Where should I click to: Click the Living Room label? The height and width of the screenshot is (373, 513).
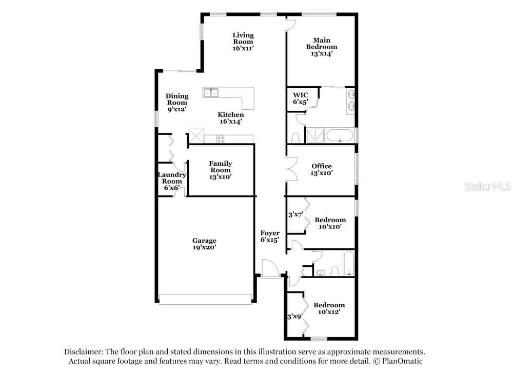coord(243,42)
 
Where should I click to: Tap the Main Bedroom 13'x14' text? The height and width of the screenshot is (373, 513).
coord(322,47)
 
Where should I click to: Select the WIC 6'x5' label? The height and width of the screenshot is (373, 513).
coord(300,99)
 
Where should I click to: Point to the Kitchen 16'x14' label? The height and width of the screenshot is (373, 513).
coord(231,118)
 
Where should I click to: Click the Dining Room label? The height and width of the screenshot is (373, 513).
coord(177,103)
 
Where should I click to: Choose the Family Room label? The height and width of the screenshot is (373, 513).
coord(221,170)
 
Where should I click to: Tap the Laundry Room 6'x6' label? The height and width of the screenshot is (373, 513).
coord(172,181)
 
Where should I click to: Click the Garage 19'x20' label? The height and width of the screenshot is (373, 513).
coord(204,244)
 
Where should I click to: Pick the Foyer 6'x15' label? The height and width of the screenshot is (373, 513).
coord(270,237)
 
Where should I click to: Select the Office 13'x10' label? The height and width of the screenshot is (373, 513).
coord(322,169)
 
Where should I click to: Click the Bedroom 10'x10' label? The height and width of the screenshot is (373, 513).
coord(330,223)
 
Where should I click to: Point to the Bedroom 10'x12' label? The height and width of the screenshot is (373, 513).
coord(329,308)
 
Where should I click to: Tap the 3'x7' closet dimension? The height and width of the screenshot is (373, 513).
coord(296,214)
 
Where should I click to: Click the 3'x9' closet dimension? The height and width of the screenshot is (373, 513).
coord(295,317)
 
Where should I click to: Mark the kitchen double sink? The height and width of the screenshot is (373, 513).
coord(211,92)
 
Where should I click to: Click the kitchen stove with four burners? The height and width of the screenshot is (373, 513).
coord(221,139)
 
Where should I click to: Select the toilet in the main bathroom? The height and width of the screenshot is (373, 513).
coord(295,138)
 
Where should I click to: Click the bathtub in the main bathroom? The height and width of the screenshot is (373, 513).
coord(340,136)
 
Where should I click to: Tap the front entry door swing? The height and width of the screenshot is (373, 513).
coord(270,268)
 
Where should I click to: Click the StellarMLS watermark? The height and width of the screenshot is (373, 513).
coord(488,187)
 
